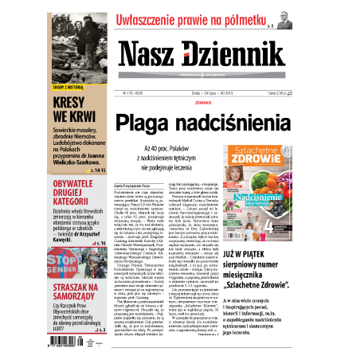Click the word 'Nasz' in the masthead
coord(149,54)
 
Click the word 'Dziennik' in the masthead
coord(230,54)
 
